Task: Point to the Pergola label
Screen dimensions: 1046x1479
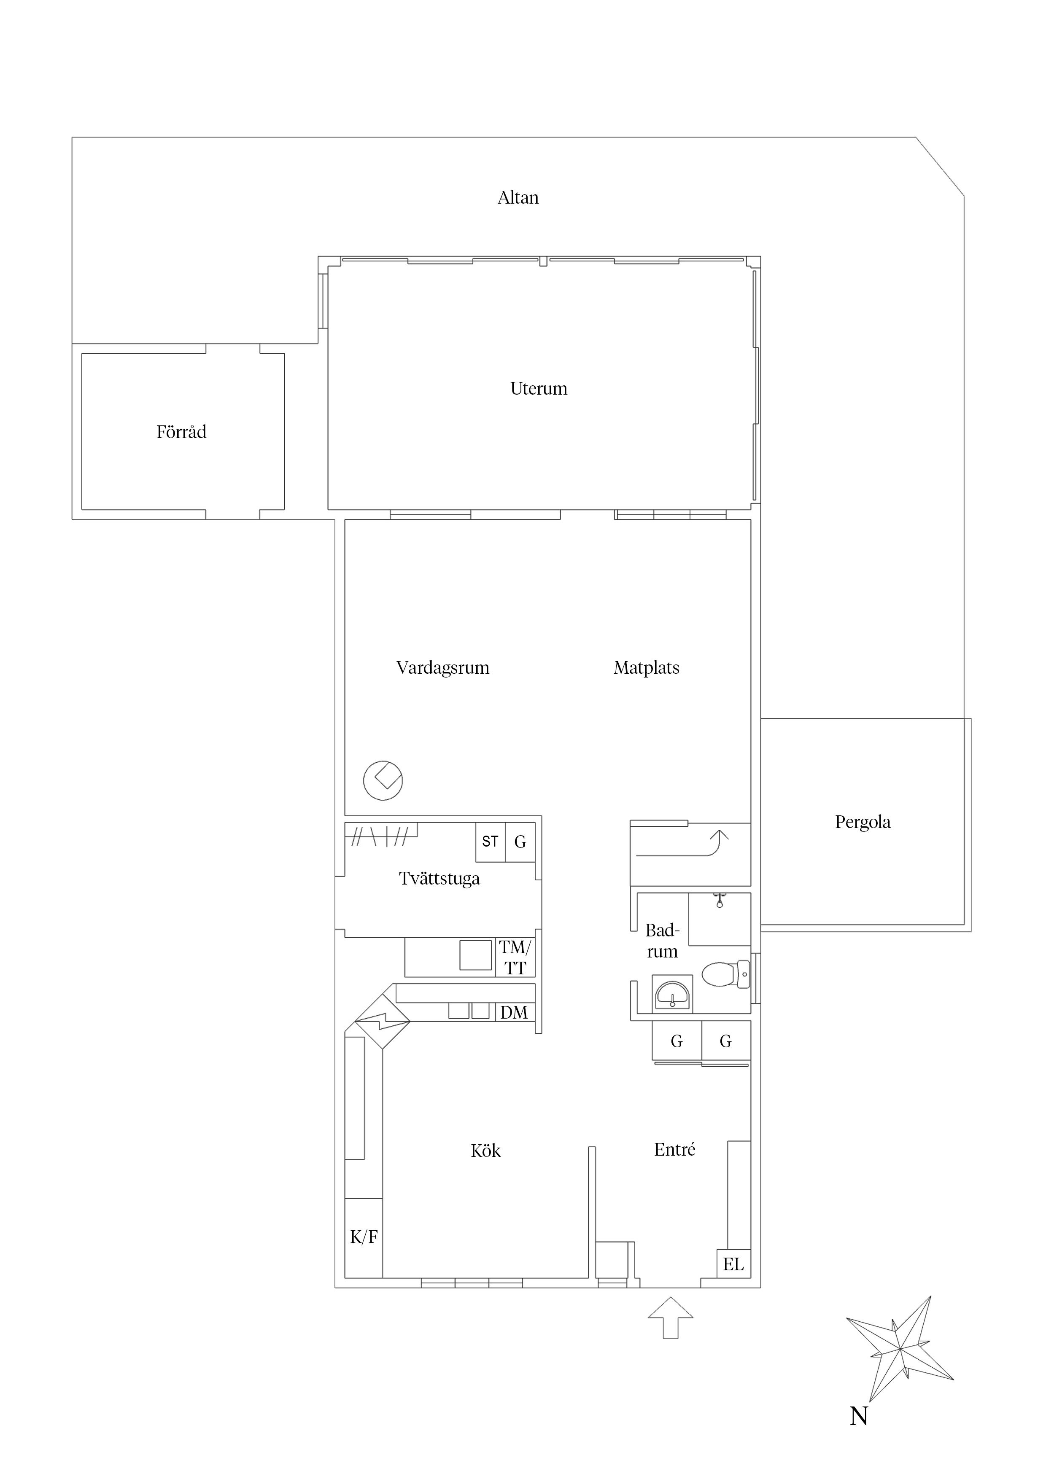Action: click(863, 822)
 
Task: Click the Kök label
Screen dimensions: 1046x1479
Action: click(485, 1151)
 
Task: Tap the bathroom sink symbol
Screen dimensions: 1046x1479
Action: click(671, 995)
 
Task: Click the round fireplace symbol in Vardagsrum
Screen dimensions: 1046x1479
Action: click(383, 781)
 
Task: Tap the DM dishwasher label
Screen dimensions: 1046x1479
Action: click(514, 1013)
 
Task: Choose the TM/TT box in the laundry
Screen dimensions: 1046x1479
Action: click(515, 957)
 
